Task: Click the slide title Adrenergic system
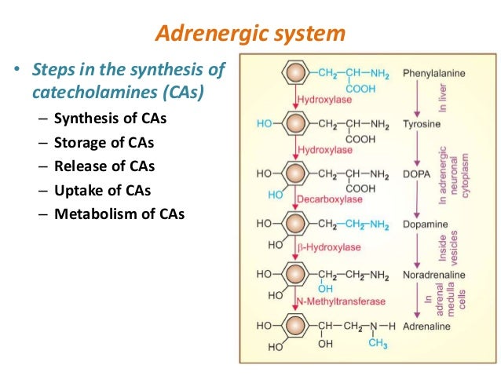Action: (251, 34)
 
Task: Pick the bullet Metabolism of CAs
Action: (119, 214)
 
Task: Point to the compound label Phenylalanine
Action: (433, 74)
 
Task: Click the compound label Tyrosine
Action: (421, 124)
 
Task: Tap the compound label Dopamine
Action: (424, 225)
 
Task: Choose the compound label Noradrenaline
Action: (433, 275)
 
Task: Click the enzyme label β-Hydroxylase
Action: (328, 247)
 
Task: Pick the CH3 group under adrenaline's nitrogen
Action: (378, 343)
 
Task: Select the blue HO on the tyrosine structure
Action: (265, 124)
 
